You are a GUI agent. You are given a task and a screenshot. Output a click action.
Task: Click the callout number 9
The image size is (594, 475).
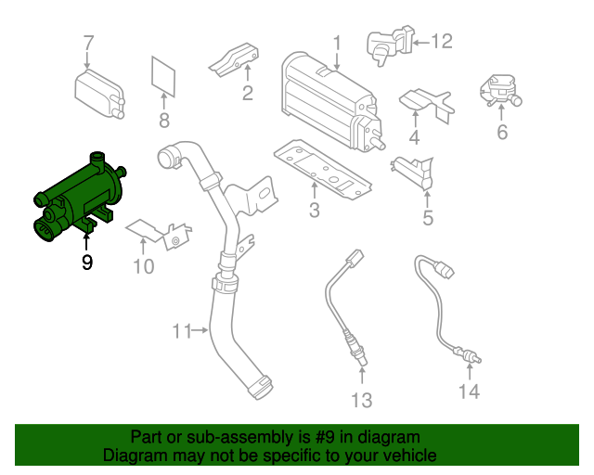click(87, 263)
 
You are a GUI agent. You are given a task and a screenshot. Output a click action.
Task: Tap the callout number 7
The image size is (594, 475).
click(89, 43)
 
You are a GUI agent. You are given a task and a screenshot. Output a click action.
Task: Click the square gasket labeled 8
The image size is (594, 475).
click(164, 76)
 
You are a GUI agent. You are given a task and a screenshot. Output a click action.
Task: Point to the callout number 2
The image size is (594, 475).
click(248, 92)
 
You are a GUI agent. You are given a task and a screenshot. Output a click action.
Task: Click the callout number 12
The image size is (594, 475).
click(441, 41)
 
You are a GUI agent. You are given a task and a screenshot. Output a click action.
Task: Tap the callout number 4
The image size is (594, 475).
click(414, 138)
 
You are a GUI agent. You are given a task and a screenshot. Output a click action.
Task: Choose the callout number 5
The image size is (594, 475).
click(428, 218)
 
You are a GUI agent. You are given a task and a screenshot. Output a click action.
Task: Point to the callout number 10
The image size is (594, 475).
click(142, 268)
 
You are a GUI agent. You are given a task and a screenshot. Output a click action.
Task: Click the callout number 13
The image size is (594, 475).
click(360, 400)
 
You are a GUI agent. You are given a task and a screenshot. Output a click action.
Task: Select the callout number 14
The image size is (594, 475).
click(469, 392)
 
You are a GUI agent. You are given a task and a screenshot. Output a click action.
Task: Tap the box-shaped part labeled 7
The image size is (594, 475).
click(98, 91)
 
